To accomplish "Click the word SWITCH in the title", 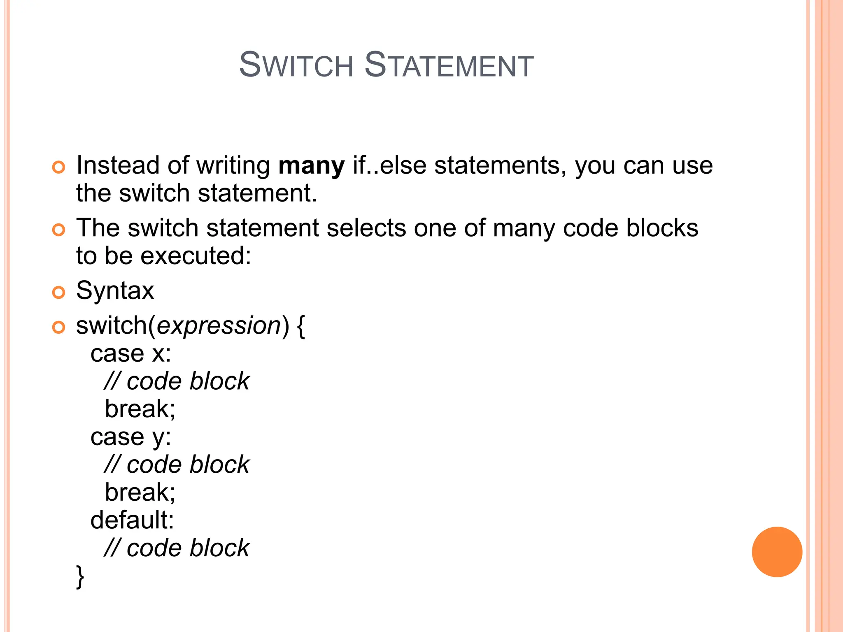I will click(x=296, y=65).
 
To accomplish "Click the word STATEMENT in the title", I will click(x=449, y=65).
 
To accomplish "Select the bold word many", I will click(x=311, y=166).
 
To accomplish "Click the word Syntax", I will click(x=115, y=291).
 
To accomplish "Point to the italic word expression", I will click(x=219, y=326).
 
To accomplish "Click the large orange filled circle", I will click(x=777, y=552).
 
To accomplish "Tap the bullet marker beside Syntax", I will click(x=58, y=293).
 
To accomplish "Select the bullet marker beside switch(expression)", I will click(x=58, y=328).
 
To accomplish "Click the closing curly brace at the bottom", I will click(x=80, y=577).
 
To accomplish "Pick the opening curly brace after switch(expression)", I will click(x=300, y=327).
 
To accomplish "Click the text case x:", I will click(x=130, y=354).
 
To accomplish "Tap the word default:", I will click(x=132, y=520).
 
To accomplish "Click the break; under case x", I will click(x=140, y=409).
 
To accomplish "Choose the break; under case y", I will click(x=140, y=493).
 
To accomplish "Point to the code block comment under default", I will click(x=177, y=548).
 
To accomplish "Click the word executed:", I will click(x=196, y=256).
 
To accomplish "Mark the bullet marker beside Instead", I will click(x=58, y=167).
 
